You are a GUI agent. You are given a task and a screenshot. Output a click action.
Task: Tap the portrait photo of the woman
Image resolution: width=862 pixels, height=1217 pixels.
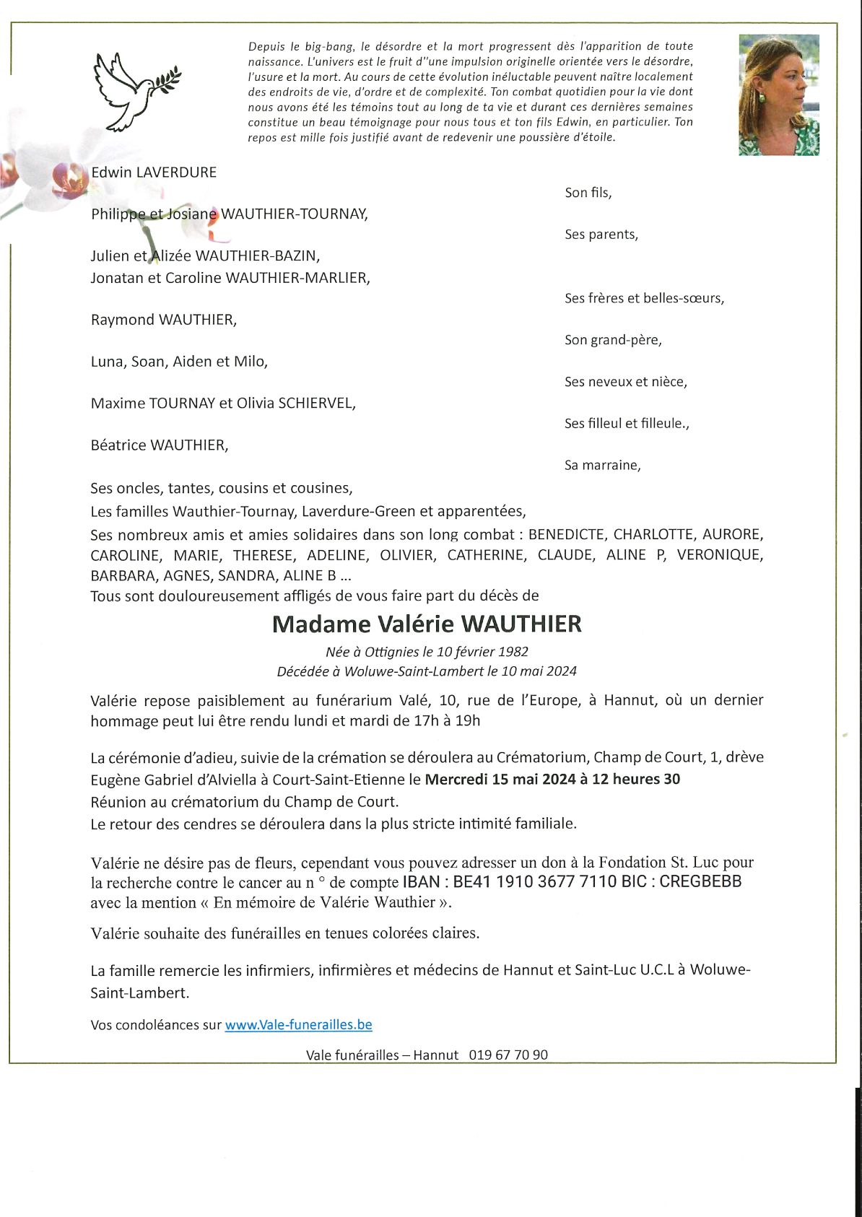click(x=778, y=95)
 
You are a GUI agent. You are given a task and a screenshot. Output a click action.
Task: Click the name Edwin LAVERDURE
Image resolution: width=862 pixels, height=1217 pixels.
click(x=154, y=173)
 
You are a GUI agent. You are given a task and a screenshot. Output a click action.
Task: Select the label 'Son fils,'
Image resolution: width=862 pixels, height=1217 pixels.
click(x=588, y=193)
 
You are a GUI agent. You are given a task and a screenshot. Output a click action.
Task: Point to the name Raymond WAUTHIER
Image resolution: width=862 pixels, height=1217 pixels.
click(x=163, y=320)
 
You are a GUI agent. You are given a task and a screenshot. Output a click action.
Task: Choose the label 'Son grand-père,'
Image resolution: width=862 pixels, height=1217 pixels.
click(x=613, y=340)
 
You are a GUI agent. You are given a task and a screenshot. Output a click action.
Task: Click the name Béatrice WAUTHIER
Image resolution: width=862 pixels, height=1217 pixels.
click(x=160, y=445)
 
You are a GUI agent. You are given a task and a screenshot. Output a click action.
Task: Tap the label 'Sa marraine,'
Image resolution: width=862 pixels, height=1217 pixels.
click(x=602, y=466)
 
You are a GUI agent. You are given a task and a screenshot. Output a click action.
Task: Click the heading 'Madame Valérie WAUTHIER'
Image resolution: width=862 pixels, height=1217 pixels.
click(x=427, y=624)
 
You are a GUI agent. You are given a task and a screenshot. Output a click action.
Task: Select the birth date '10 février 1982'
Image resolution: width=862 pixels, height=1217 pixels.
click(x=482, y=652)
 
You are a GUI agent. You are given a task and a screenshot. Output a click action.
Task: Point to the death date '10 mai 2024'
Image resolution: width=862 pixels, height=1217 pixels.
click(x=539, y=671)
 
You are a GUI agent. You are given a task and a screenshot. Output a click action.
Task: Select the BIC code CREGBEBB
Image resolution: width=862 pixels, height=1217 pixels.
click(x=700, y=882)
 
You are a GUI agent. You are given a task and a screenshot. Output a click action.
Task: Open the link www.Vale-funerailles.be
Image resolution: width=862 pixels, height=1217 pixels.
click(x=298, y=1025)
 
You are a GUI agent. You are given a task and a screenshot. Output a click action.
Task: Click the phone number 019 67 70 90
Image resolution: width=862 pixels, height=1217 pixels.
click(x=508, y=1055)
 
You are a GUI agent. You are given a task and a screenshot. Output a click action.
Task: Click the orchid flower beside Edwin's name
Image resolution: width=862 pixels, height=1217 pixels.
click(x=70, y=180)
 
